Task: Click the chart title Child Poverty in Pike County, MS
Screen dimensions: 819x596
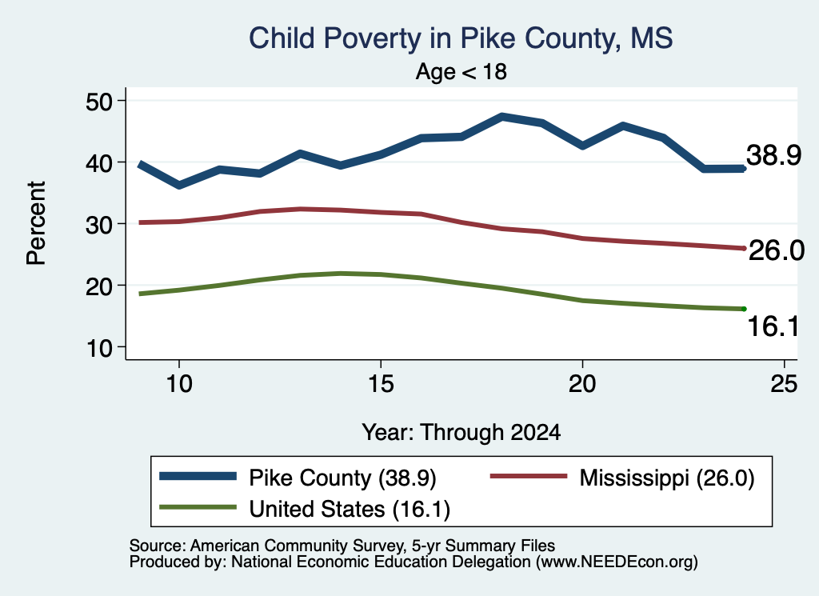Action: (x=461, y=38)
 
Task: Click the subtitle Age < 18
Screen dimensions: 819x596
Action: (x=461, y=71)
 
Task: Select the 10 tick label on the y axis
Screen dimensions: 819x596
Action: (x=98, y=347)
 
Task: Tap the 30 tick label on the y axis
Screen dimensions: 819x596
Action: (x=98, y=224)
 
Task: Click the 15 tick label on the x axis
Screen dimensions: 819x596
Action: (x=381, y=384)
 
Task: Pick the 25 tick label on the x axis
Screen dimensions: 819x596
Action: (x=784, y=384)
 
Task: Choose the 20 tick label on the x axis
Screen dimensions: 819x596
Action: (x=582, y=384)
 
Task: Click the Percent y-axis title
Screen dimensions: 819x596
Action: (x=36, y=223)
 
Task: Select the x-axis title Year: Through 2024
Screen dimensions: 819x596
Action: (x=461, y=433)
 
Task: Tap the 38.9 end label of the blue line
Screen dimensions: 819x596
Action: (x=773, y=155)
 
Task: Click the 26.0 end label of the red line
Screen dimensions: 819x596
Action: (x=776, y=250)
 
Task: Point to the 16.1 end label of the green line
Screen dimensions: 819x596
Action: (x=773, y=326)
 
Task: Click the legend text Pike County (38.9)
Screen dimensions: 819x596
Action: (x=342, y=478)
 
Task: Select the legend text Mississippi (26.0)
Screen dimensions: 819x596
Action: (x=667, y=478)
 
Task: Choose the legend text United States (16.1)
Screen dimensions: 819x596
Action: (x=350, y=510)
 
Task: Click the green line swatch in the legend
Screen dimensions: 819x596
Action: (x=198, y=507)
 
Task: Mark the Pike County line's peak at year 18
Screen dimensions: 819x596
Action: (x=502, y=116)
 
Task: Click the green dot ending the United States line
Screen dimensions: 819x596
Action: (x=744, y=310)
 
